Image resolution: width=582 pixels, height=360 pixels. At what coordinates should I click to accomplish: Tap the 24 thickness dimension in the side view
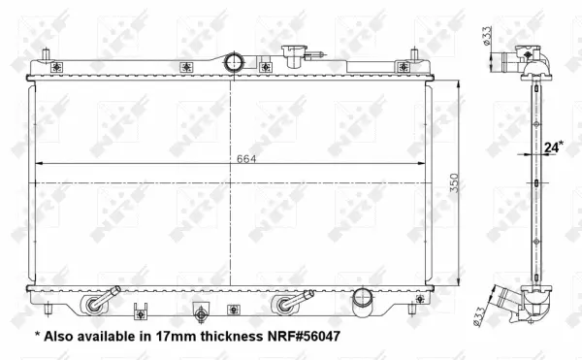coord(554,147)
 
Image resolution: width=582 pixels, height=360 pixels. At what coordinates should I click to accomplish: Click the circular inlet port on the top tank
coord(233,62)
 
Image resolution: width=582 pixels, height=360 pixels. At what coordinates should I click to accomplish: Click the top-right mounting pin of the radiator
coord(414,51)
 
